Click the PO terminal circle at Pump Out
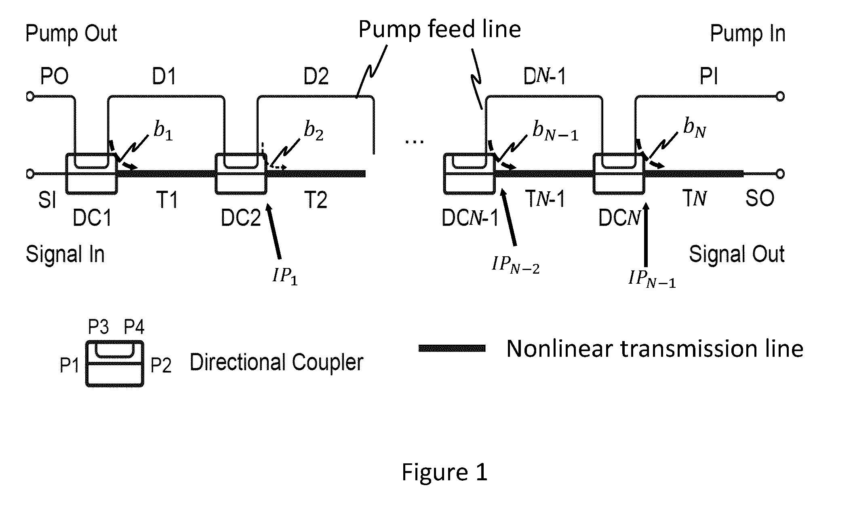[x=29, y=97]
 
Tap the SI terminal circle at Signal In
[x=29, y=174]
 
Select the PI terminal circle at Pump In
[x=780, y=96]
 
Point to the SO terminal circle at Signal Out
[x=780, y=174]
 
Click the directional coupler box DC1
[x=66, y=174]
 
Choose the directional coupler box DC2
[x=215, y=174]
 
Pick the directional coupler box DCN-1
[x=444, y=174]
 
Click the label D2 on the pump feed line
[x=316, y=76]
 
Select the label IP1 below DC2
[x=285, y=277]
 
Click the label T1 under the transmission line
[x=167, y=199]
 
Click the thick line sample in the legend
[x=452, y=348]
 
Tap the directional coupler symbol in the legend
[x=114, y=364]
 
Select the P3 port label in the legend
[x=99, y=327]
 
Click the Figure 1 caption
[x=444, y=472]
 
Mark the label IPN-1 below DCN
[x=652, y=279]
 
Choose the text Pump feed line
[x=440, y=29]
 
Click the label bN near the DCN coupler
[x=695, y=129]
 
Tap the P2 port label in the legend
[x=161, y=365]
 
